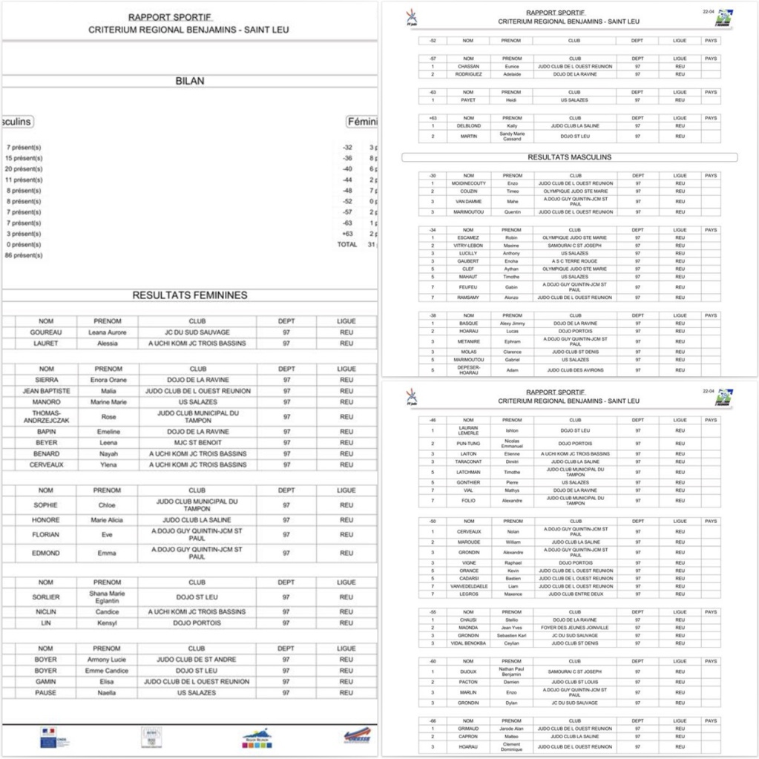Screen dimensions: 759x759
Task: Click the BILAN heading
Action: tap(190, 81)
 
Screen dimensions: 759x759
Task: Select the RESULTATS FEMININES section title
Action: tap(190, 295)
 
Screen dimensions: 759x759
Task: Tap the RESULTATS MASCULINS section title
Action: tap(569, 157)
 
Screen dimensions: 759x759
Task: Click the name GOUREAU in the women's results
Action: tap(46, 332)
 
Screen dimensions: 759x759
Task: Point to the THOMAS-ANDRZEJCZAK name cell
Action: tap(46, 417)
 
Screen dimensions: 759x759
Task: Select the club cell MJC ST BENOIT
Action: tap(197, 443)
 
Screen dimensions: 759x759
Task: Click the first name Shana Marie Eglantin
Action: tap(108, 597)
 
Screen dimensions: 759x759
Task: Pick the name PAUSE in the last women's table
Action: tap(46, 693)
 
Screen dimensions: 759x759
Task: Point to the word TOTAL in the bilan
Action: tap(346, 244)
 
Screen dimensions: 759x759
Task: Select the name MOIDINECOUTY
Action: tap(468, 183)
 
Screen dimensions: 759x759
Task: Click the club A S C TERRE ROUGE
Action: tap(575, 261)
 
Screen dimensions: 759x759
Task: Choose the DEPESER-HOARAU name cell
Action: tap(468, 370)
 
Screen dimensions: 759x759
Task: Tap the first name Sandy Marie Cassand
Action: tap(512, 137)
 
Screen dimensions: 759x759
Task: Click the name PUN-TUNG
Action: tap(468, 444)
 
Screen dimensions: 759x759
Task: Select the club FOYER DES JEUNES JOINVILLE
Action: tap(575, 628)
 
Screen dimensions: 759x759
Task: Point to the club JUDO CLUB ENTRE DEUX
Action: tap(575, 594)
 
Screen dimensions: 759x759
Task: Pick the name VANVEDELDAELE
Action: tap(468, 586)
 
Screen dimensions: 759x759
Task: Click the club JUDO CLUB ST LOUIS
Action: tap(575, 682)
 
